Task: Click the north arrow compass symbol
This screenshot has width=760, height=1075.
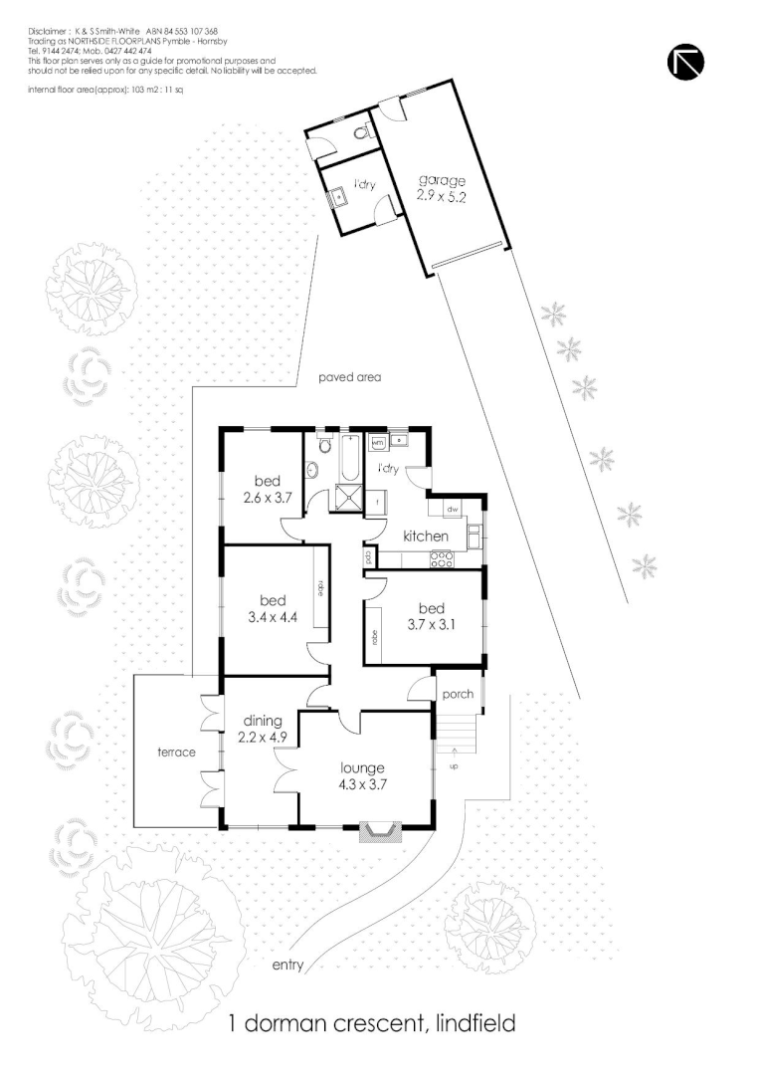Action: [x=685, y=62]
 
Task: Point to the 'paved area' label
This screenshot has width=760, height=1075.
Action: [x=350, y=377]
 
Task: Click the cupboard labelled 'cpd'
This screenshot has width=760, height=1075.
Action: [x=368, y=557]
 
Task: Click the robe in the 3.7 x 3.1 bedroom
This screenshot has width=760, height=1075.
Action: [x=376, y=637]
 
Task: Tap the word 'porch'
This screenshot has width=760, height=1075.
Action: [x=458, y=694]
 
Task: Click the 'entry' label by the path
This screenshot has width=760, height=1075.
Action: [x=287, y=966]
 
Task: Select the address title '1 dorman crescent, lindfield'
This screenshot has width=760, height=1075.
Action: [x=373, y=1022]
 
